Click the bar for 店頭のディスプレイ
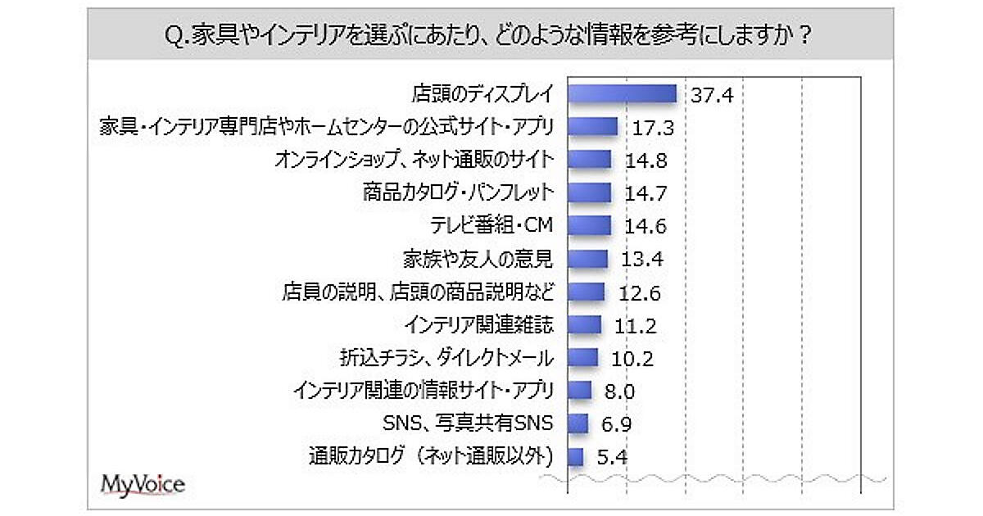pos(622,93)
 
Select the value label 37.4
pos(711,94)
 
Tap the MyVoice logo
pos(143,484)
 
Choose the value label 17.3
pos(654,127)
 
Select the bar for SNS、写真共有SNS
pos(578,423)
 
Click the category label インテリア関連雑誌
pos(479,325)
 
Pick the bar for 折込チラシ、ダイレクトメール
pos(582,358)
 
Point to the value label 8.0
pos(617,392)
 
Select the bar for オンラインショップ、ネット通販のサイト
pos(590,160)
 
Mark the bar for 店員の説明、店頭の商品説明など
pos(586,292)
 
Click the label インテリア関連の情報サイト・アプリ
pos(424,391)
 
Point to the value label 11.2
pos(635,325)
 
